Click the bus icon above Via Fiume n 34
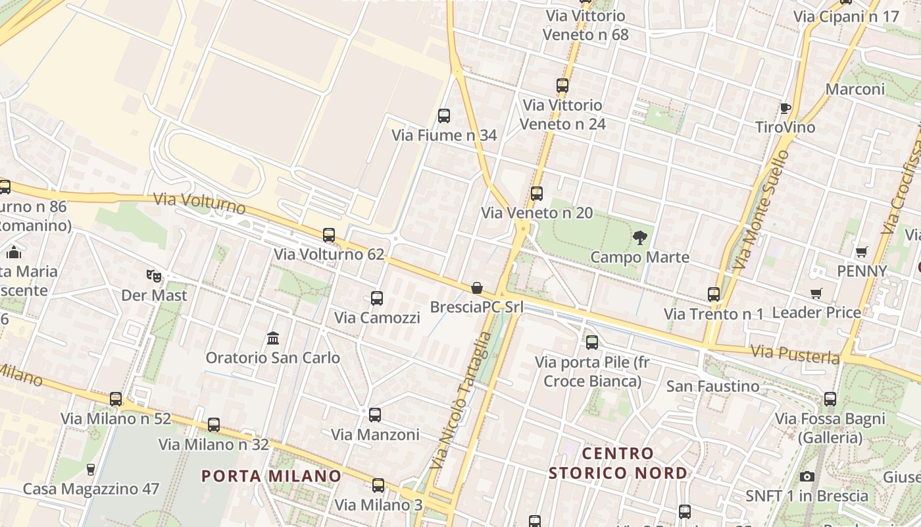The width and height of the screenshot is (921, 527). tap(444, 116)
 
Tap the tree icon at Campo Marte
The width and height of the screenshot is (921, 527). tap(639, 238)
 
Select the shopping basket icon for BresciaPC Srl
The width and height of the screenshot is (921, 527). tap(476, 288)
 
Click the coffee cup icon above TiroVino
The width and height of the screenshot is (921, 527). tap(785, 108)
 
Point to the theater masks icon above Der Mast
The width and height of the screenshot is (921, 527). tap(154, 275)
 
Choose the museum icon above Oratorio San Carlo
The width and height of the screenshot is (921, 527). tap(273, 339)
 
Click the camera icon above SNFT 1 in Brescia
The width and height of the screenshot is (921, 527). tap(807, 476)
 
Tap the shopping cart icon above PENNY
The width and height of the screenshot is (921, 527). tap(861, 252)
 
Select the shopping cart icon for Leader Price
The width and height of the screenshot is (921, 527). tap(816, 293)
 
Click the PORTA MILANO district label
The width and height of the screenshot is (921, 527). tap(272, 476)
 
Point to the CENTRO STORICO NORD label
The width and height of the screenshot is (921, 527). tap(618, 463)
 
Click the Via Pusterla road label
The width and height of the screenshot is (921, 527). tap(795, 354)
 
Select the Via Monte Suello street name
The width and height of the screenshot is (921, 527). tap(760, 209)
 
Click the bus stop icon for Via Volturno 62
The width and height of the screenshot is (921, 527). tap(329, 235)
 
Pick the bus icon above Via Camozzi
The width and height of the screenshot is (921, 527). tap(377, 298)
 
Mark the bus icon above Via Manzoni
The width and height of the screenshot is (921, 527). tap(375, 415)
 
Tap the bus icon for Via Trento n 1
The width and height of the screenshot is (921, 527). tap(714, 294)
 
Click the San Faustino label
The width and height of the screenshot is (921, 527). tap(712, 386)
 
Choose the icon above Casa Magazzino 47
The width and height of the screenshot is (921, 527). tap(91, 470)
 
